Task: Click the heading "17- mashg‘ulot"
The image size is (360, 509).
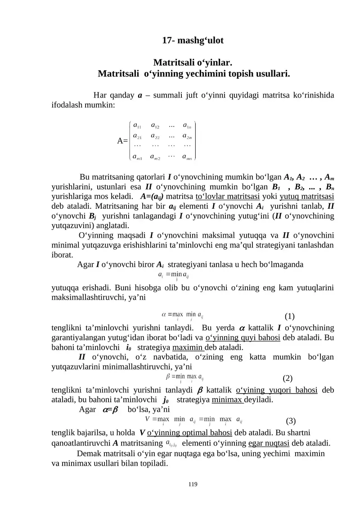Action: coord(193,41)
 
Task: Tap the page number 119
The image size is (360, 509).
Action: coord(193,484)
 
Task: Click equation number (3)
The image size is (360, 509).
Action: coord(291,421)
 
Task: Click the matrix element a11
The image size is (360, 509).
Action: coord(139,125)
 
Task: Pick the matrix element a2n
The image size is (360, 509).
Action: coord(188,135)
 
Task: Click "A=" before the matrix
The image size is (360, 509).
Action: coord(122,141)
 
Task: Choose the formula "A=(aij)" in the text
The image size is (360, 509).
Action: coord(152,196)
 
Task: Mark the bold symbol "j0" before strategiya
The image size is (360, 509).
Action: coord(165,400)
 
